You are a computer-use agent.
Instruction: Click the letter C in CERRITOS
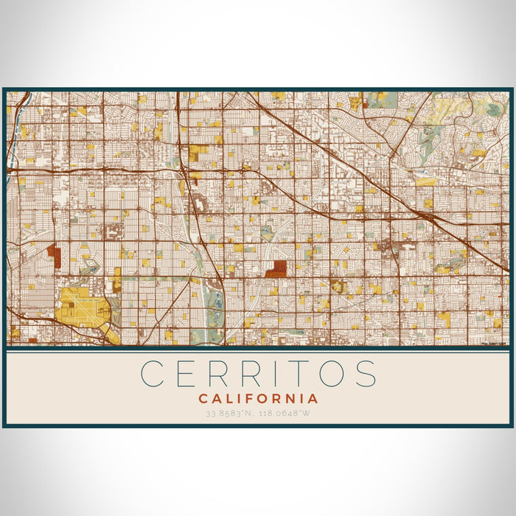(x=153, y=374)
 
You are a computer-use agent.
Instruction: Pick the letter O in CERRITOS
(x=335, y=374)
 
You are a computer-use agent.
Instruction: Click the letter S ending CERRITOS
(x=366, y=374)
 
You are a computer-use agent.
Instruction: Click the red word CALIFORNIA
(x=258, y=399)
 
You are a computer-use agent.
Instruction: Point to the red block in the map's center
(x=276, y=268)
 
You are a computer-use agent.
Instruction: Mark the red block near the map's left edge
(x=55, y=256)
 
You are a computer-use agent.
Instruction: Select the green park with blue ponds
(x=215, y=310)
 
